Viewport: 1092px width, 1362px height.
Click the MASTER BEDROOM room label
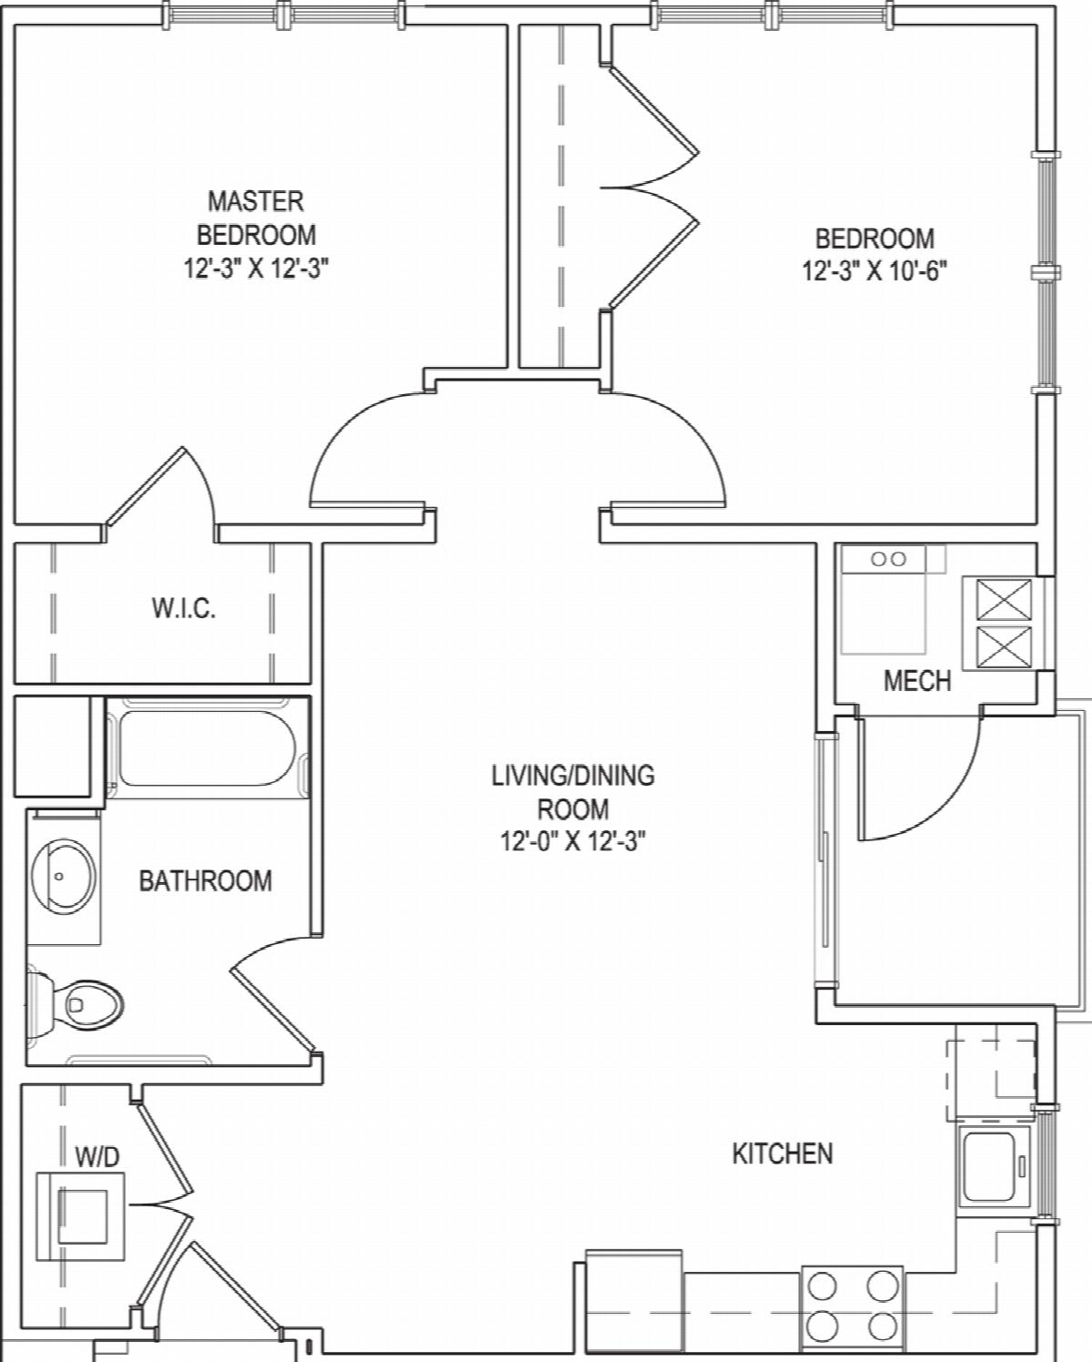click(x=257, y=218)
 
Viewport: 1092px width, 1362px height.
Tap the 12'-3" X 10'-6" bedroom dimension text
click(x=875, y=271)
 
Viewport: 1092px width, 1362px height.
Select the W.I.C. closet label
click(x=184, y=608)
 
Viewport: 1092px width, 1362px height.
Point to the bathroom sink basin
click(x=64, y=877)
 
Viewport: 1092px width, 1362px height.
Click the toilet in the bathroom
click(x=75, y=1004)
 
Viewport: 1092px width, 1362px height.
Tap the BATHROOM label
click(x=206, y=881)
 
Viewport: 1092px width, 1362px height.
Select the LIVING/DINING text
click(x=573, y=776)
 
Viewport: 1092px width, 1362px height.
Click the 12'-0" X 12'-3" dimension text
click(x=573, y=842)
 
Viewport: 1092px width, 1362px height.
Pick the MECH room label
click(x=917, y=681)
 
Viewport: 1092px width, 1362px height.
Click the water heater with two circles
click(x=884, y=599)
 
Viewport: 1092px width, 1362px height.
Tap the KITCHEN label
click(x=783, y=1154)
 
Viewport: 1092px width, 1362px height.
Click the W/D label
click(x=97, y=1157)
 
